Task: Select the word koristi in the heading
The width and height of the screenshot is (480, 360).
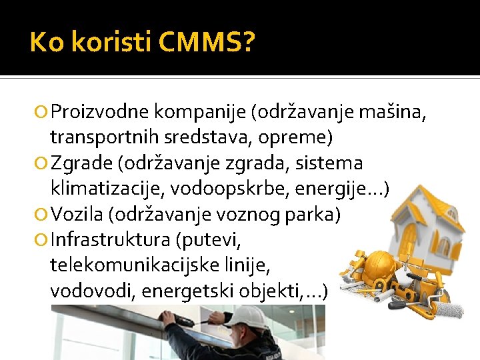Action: pyautogui.click(x=110, y=43)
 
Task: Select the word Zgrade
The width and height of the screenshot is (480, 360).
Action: pyautogui.click(x=77, y=163)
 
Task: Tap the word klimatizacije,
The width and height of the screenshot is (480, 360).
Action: pyautogui.click(x=107, y=189)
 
